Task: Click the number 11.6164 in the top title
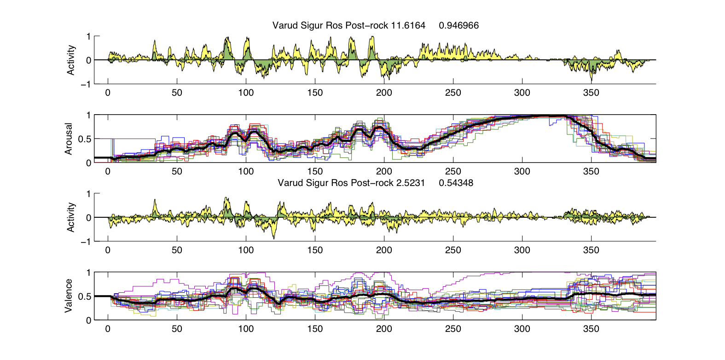pyautogui.click(x=408, y=26)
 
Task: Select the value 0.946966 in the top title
pyautogui.click(x=458, y=26)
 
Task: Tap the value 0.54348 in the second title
pyautogui.click(x=456, y=183)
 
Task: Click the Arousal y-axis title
pyautogui.click(x=69, y=139)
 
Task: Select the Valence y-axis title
pyautogui.click(x=69, y=296)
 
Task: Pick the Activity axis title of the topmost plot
pyautogui.click(x=71, y=60)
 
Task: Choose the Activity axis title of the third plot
pyautogui.click(x=71, y=217)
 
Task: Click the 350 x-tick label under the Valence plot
pyautogui.click(x=591, y=329)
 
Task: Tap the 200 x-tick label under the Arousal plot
pyautogui.click(x=384, y=172)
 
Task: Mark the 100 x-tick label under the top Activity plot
pyautogui.click(x=246, y=93)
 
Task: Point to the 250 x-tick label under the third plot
pyautogui.click(x=453, y=250)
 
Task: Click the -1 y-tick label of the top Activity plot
pyautogui.click(x=85, y=84)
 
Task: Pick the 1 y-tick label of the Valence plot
pyautogui.click(x=88, y=273)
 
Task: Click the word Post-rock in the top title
pyautogui.click(x=367, y=26)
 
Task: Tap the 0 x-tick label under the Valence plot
pyautogui.click(x=108, y=329)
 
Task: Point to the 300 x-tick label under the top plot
pyautogui.click(x=522, y=93)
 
